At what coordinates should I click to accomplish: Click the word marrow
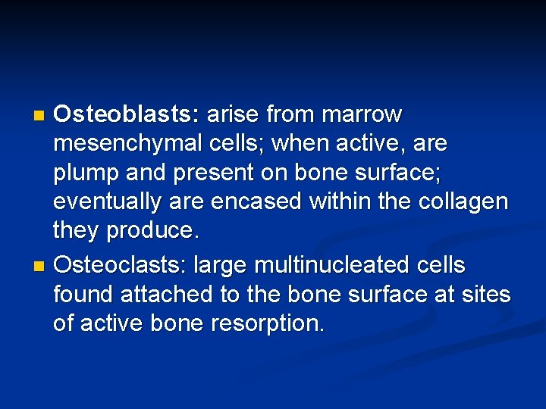[x=362, y=115]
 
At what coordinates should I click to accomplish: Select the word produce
[x=155, y=229]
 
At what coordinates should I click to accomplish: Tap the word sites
[x=487, y=294]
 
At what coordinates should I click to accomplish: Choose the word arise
[x=232, y=115]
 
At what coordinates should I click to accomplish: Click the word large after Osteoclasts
[x=223, y=266]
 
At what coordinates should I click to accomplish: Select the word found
[x=82, y=294]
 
